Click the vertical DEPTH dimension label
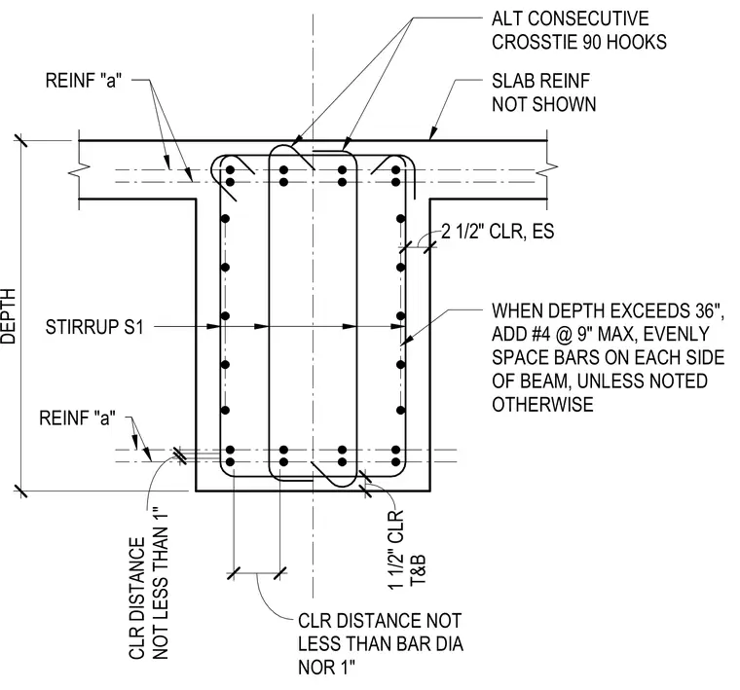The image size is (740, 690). click(x=9, y=316)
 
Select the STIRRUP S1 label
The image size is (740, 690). click(x=93, y=327)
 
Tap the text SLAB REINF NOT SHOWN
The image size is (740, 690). click(x=543, y=92)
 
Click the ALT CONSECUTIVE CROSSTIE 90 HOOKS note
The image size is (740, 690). click(x=579, y=31)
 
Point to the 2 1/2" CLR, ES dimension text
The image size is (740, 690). click(x=498, y=232)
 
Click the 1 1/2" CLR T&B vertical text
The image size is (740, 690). click(x=407, y=550)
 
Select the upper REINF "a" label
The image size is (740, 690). click(x=83, y=81)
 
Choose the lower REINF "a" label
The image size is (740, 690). click(x=77, y=418)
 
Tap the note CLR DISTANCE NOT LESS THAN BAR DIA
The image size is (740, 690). click(x=381, y=633)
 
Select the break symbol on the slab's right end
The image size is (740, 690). click(x=547, y=167)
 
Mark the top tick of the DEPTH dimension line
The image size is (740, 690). click(x=20, y=140)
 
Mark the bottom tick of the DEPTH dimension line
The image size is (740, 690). click(x=20, y=490)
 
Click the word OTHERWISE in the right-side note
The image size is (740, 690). click(x=542, y=405)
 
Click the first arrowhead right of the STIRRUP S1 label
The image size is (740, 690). click(x=213, y=326)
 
